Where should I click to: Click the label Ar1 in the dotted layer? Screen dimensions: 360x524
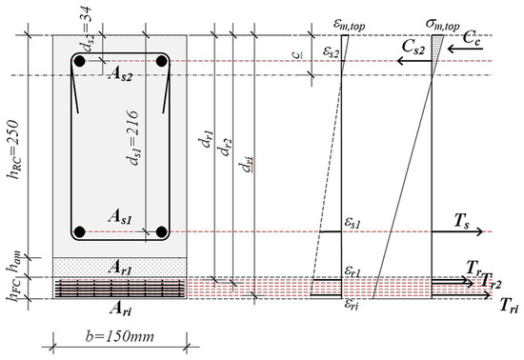(118, 270)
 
